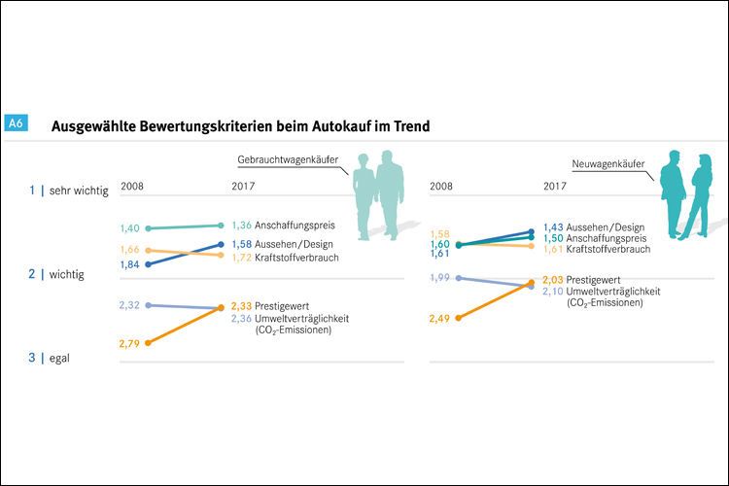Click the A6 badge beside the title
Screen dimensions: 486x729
click(15, 124)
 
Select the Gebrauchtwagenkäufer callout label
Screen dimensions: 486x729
click(291, 159)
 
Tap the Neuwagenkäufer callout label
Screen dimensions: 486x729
click(608, 164)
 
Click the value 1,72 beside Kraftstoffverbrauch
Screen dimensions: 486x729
click(241, 257)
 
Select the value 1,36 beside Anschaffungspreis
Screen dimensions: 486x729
click(241, 225)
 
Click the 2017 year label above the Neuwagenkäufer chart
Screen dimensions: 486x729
click(555, 186)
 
